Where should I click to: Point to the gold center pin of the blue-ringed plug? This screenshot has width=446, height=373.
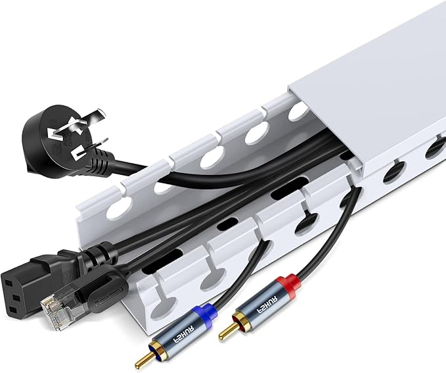pos(141,361)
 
